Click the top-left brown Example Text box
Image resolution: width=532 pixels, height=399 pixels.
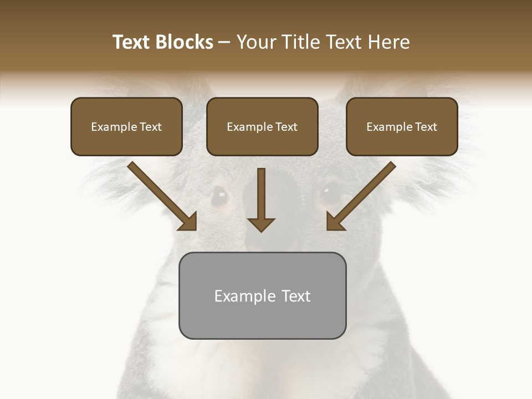pyautogui.click(x=126, y=127)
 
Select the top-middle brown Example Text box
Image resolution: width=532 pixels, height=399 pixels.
pyautogui.click(x=262, y=127)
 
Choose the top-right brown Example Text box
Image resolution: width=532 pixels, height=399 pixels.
pyautogui.click(x=402, y=127)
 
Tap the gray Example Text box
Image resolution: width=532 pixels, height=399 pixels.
pyautogui.click(x=262, y=296)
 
